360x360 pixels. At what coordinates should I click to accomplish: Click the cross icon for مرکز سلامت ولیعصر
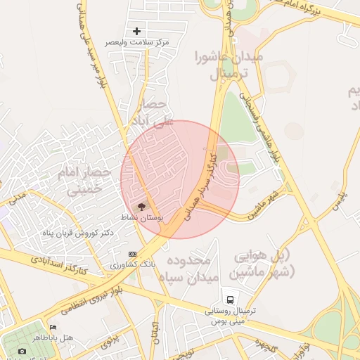[x=136, y=32]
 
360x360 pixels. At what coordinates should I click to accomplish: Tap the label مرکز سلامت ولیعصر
[x=137, y=43]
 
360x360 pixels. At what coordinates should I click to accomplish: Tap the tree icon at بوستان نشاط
[x=142, y=207]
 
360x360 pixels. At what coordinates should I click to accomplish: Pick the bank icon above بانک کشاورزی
[x=132, y=254]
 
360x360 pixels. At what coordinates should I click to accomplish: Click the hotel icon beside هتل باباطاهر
[x=53, y=327]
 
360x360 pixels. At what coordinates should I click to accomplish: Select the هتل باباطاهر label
[x=72, y=338]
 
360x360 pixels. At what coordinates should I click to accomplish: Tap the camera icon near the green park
[x=22, y=351]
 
